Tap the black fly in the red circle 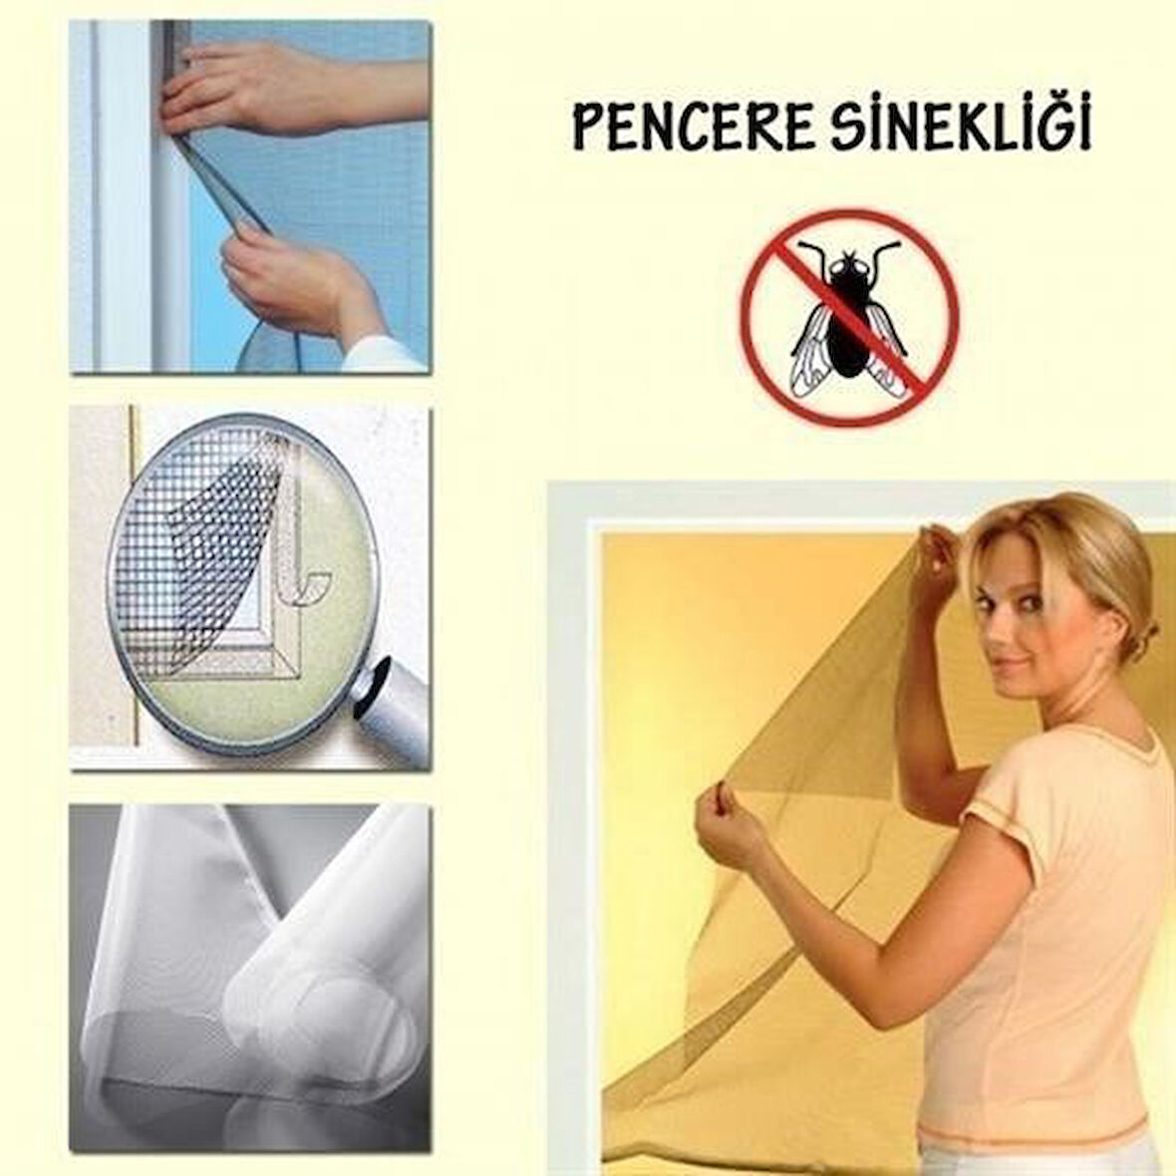(848, 318)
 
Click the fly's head (848, 266)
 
